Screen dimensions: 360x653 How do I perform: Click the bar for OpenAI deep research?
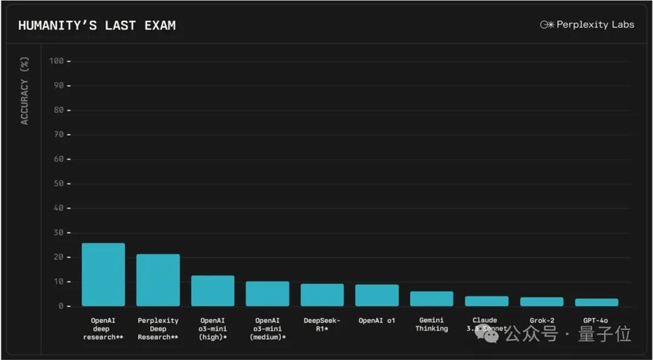(x=103, y=275)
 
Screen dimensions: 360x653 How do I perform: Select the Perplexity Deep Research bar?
(x=158, y=280)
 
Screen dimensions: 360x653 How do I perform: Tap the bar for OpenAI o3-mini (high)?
(x=213, y=291)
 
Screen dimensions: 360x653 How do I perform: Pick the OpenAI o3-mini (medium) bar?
(x=267, y=294)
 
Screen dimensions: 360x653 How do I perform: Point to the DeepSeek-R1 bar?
(x=322, y=295)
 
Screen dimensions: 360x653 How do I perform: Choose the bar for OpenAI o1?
(x=377, y=295)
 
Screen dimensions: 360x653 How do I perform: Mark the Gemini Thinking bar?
(x=432, y=299)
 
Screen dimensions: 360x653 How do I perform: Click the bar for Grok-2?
(x=541, y=302)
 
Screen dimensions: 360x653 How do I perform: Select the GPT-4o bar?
(x=596, y=303)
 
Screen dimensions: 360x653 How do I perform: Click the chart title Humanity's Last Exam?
(x=97, y=25)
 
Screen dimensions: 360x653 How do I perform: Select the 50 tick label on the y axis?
(x=57, y=184)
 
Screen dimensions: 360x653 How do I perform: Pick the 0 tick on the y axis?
(x=60, y=306)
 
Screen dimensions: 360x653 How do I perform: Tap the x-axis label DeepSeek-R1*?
(x=322, y=325)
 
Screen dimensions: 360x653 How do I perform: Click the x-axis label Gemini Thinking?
(x=432, y=325)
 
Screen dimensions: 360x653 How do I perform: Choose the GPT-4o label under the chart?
(x=596, y=321)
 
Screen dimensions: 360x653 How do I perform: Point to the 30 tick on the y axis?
(x=57, y=233)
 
